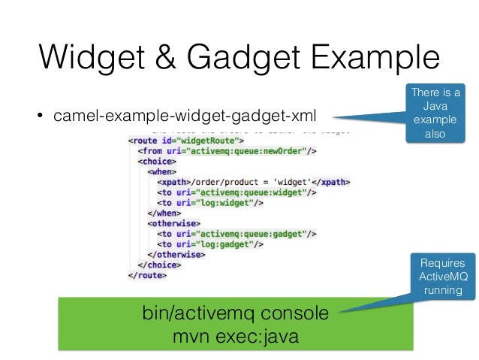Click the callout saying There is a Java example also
pyautogui.click(x=437, y=114)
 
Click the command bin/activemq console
pyautogui.click(x=235, y=313)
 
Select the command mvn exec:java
pyautogui.click(x=235, y=335)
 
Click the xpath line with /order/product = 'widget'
pyautogui.click(x=254, y=181)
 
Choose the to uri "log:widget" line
pyautogui.click(x=211, y=202)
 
